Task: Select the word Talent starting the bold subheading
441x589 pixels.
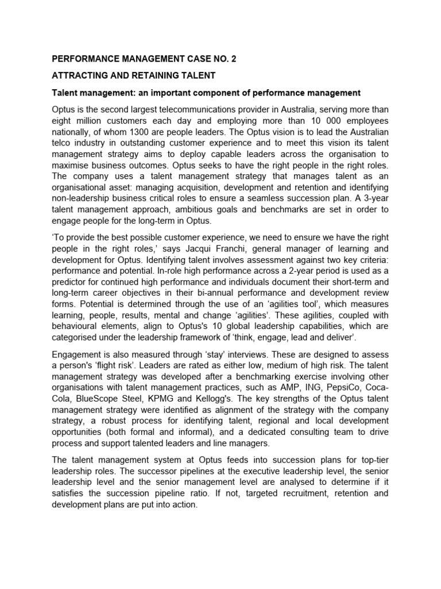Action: click(x=67, y=93)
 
